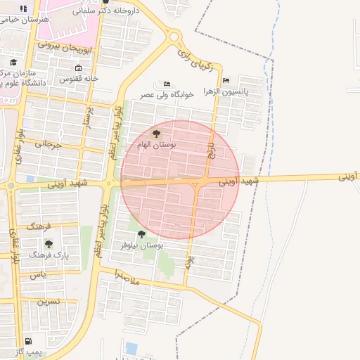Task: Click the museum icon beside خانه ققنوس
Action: pyautogui.click(x=77, y=68)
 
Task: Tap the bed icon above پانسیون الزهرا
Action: pyautogui.click(x=225, y=81)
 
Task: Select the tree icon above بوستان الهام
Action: pyautogui.click(x=156, y=133)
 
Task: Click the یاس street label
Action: pyautogui.click(x=39, y=275)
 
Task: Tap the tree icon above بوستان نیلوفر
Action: pyautogui.click(x=141, y=234)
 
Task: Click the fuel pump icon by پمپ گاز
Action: pyautogui.click(x=27, y=341)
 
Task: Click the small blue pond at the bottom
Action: pyautogui.click(x=131, y=348)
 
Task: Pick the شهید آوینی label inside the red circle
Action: pyautogui.click(x=238, y=181)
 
